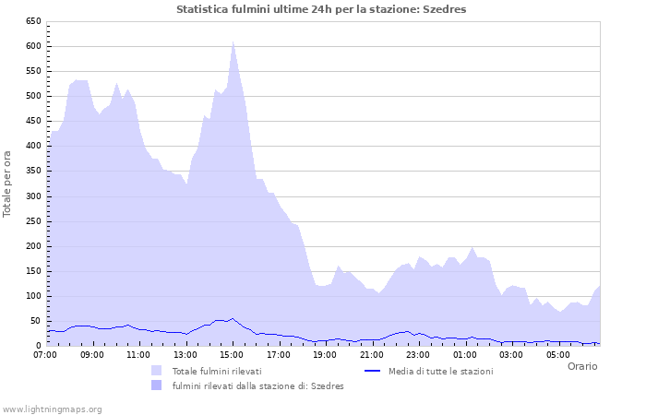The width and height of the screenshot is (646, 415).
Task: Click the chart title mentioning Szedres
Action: click(321, 9)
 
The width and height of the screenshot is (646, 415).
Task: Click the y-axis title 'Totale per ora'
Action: click(8, 183)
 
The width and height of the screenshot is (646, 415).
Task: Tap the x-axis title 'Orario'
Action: click(581, 366)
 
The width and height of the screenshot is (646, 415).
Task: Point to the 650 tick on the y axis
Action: click(33, 21)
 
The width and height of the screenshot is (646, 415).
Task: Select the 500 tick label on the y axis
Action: click(33, 96)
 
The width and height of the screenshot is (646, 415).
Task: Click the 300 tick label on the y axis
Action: click(33, 196)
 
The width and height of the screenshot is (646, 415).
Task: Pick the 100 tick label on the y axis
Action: click(33, 296)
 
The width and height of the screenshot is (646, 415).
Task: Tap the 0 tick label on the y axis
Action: click(38, 346)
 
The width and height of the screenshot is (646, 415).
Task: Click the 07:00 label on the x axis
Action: click(45, 354)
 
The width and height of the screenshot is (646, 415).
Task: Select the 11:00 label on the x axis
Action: click(138, 354)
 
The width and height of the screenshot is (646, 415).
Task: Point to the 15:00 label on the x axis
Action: click(232, 354)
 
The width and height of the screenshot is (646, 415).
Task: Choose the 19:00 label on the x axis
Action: click(325, 354)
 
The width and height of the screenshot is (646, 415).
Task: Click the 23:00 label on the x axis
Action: click(418, 354)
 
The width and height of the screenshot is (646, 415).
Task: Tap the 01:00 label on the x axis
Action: click(465, 354)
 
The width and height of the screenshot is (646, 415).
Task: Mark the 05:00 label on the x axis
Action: click(558, 354)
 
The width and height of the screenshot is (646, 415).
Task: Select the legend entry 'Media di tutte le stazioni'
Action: click(440, 371)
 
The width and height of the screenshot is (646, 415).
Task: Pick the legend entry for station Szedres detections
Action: click(257, 385)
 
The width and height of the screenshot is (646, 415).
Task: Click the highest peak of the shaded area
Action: click(233, 41)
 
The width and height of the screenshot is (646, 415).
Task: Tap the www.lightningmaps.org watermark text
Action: click(52, 409)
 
